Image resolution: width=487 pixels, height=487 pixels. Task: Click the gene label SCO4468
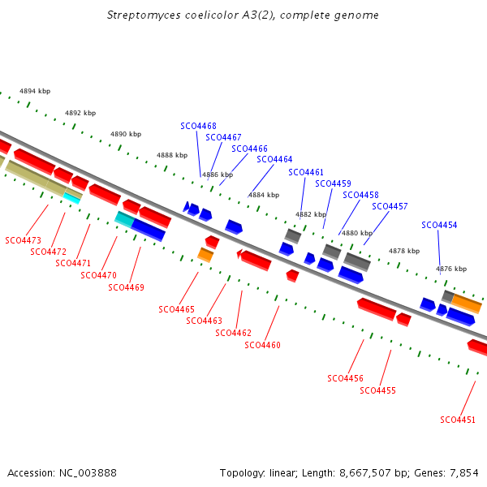199,126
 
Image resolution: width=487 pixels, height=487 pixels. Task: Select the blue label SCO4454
439,225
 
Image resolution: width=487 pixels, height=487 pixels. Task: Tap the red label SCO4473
24,240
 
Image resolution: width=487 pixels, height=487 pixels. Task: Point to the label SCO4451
458,420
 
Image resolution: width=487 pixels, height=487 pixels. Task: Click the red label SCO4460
262,345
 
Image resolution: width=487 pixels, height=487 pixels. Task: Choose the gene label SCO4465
176,309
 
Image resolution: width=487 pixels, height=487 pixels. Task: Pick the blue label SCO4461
306,172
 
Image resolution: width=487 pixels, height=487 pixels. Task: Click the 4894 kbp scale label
35,91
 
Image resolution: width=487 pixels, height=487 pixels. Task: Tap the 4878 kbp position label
404,251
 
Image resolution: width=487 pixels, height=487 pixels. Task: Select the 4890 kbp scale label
126,134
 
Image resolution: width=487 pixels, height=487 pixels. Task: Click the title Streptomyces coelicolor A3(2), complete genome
243,15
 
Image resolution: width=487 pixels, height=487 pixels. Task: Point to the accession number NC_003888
88,473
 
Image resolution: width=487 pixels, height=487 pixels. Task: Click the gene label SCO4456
346,378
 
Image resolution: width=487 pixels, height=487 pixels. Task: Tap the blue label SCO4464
274,159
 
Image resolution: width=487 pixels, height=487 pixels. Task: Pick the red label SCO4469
126,287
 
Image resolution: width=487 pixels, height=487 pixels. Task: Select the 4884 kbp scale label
264,195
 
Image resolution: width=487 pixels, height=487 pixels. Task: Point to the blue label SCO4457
390,206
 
